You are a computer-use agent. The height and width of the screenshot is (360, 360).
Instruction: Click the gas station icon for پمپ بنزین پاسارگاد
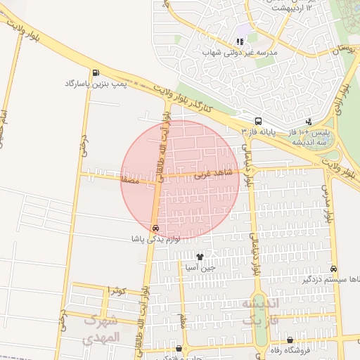(x=96, y=72)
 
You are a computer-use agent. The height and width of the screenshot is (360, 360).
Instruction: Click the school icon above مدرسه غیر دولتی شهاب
(x=240, y=41)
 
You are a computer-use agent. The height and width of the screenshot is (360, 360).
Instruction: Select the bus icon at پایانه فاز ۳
(x=258, y=121)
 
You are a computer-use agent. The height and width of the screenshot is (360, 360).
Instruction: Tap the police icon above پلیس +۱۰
(x=309, y=121)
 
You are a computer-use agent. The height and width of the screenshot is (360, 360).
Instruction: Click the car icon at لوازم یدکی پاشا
(x=155, y=228)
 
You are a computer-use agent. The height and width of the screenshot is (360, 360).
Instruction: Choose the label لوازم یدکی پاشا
(x=155, y=239)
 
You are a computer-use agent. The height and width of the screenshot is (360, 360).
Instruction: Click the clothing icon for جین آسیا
(x=200, y=257)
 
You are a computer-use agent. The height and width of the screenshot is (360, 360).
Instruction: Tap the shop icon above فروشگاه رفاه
(x=290, y=340)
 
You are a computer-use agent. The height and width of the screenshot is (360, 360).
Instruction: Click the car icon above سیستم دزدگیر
(x=333, y=269)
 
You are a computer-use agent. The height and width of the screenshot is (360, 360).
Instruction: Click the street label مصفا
(x=129, y=181)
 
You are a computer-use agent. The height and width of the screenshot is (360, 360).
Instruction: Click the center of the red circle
(x=180, y=180)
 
